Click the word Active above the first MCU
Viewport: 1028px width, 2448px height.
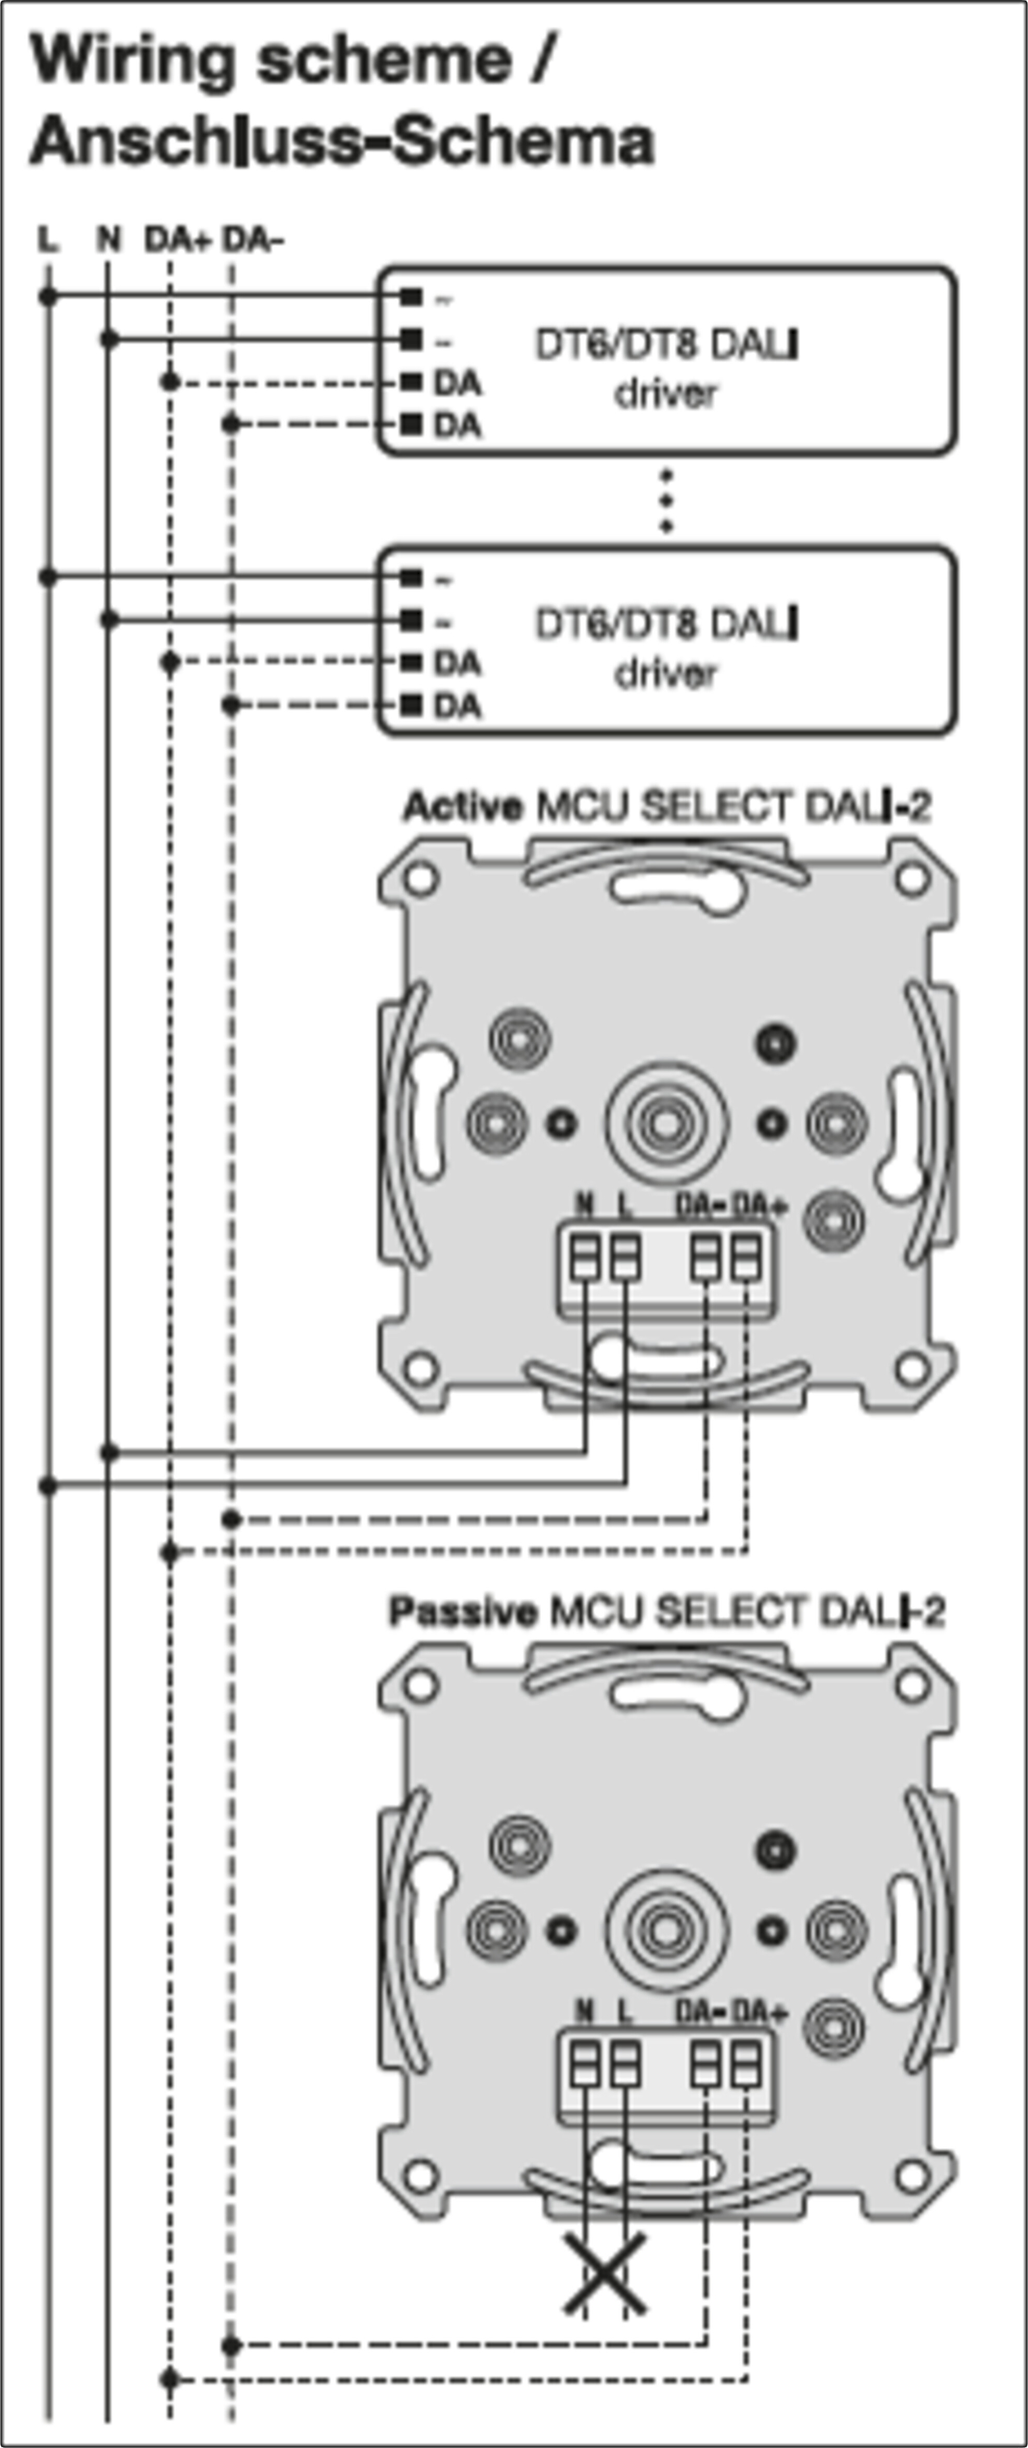click(x=462, y=808)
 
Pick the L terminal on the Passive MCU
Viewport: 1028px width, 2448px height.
click(x=624, y=2064)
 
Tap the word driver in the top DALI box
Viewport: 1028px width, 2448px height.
click(x=665, y=392)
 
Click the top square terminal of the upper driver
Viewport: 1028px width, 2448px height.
click(x=410, y=298)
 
